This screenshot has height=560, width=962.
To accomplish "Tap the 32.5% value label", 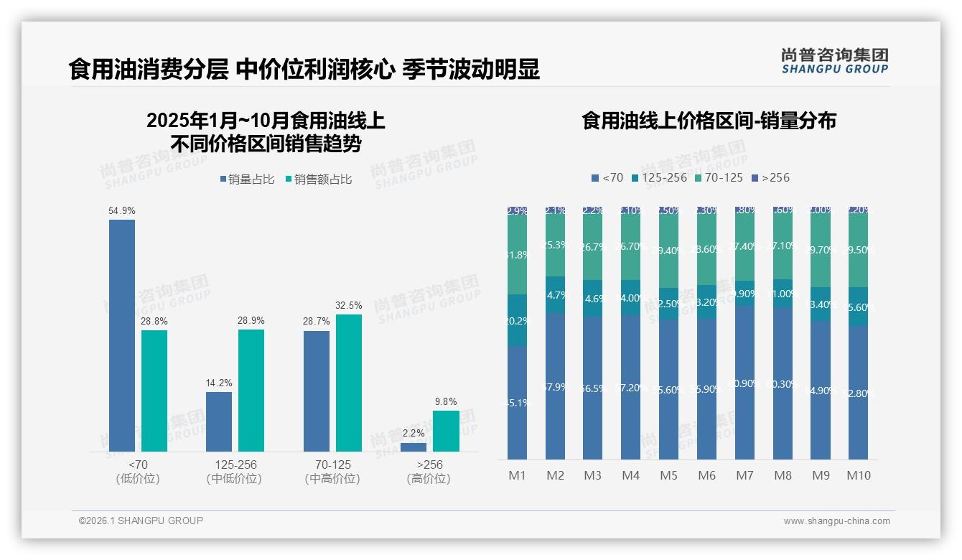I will click(348, 305).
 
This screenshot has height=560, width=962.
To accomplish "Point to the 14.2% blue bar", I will click(219, 421).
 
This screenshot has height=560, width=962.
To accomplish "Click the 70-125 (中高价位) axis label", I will click(332, 472).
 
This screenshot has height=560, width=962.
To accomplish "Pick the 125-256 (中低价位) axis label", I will click(234, 472).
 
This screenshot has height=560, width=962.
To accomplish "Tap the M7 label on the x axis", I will click(744, 475).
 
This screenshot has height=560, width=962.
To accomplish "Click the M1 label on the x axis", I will click(518, 475).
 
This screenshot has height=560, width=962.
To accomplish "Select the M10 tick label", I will click(858, 475).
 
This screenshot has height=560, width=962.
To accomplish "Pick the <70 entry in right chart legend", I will click(607, 177).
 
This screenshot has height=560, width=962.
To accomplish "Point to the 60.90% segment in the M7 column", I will click(744, 383).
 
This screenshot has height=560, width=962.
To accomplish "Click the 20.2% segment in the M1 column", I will click(518, 320).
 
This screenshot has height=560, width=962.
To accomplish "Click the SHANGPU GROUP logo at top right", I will click(834, 60).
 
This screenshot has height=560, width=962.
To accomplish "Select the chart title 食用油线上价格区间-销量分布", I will click(709, 121).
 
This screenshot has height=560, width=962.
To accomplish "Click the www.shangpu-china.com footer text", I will click(836, 521).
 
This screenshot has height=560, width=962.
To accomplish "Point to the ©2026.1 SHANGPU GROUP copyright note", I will click(141, 521).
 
